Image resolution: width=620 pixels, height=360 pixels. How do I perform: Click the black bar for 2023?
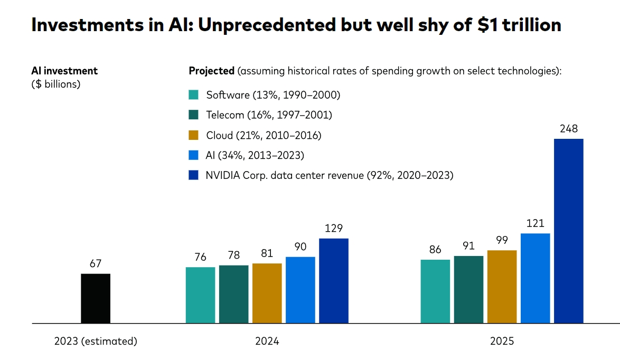coord(96,298)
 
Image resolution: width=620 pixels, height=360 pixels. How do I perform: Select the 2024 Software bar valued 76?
coord(200,295)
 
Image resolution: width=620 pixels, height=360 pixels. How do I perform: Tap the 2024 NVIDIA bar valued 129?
coord(334,281)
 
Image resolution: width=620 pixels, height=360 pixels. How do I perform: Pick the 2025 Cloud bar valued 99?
coord(502,287)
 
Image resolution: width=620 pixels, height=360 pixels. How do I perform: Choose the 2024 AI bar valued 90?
coord(300,290)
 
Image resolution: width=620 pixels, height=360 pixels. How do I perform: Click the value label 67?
coord(96,263)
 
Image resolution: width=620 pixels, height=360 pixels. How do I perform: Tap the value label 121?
coord(535,223)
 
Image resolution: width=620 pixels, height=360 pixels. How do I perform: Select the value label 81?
coord(267,253)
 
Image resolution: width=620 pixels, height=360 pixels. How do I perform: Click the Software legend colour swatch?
coord(193,95)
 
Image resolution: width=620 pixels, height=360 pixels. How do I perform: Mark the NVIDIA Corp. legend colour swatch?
coord(193,175)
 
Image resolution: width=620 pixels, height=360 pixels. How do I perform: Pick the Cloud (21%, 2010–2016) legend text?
coord(264,135)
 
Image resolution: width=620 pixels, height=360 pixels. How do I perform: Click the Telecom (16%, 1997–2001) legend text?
coord(269,115)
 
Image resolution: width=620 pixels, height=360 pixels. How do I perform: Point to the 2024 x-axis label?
coord(267,341)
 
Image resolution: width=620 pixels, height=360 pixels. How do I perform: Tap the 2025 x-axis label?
coord(502,341)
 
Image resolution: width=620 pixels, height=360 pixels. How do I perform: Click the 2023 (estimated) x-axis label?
coord(96,341)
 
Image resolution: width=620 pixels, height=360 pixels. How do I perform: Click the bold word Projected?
coord(211,71)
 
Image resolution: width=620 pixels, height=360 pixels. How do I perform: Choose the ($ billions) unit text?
coord(56,84)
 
